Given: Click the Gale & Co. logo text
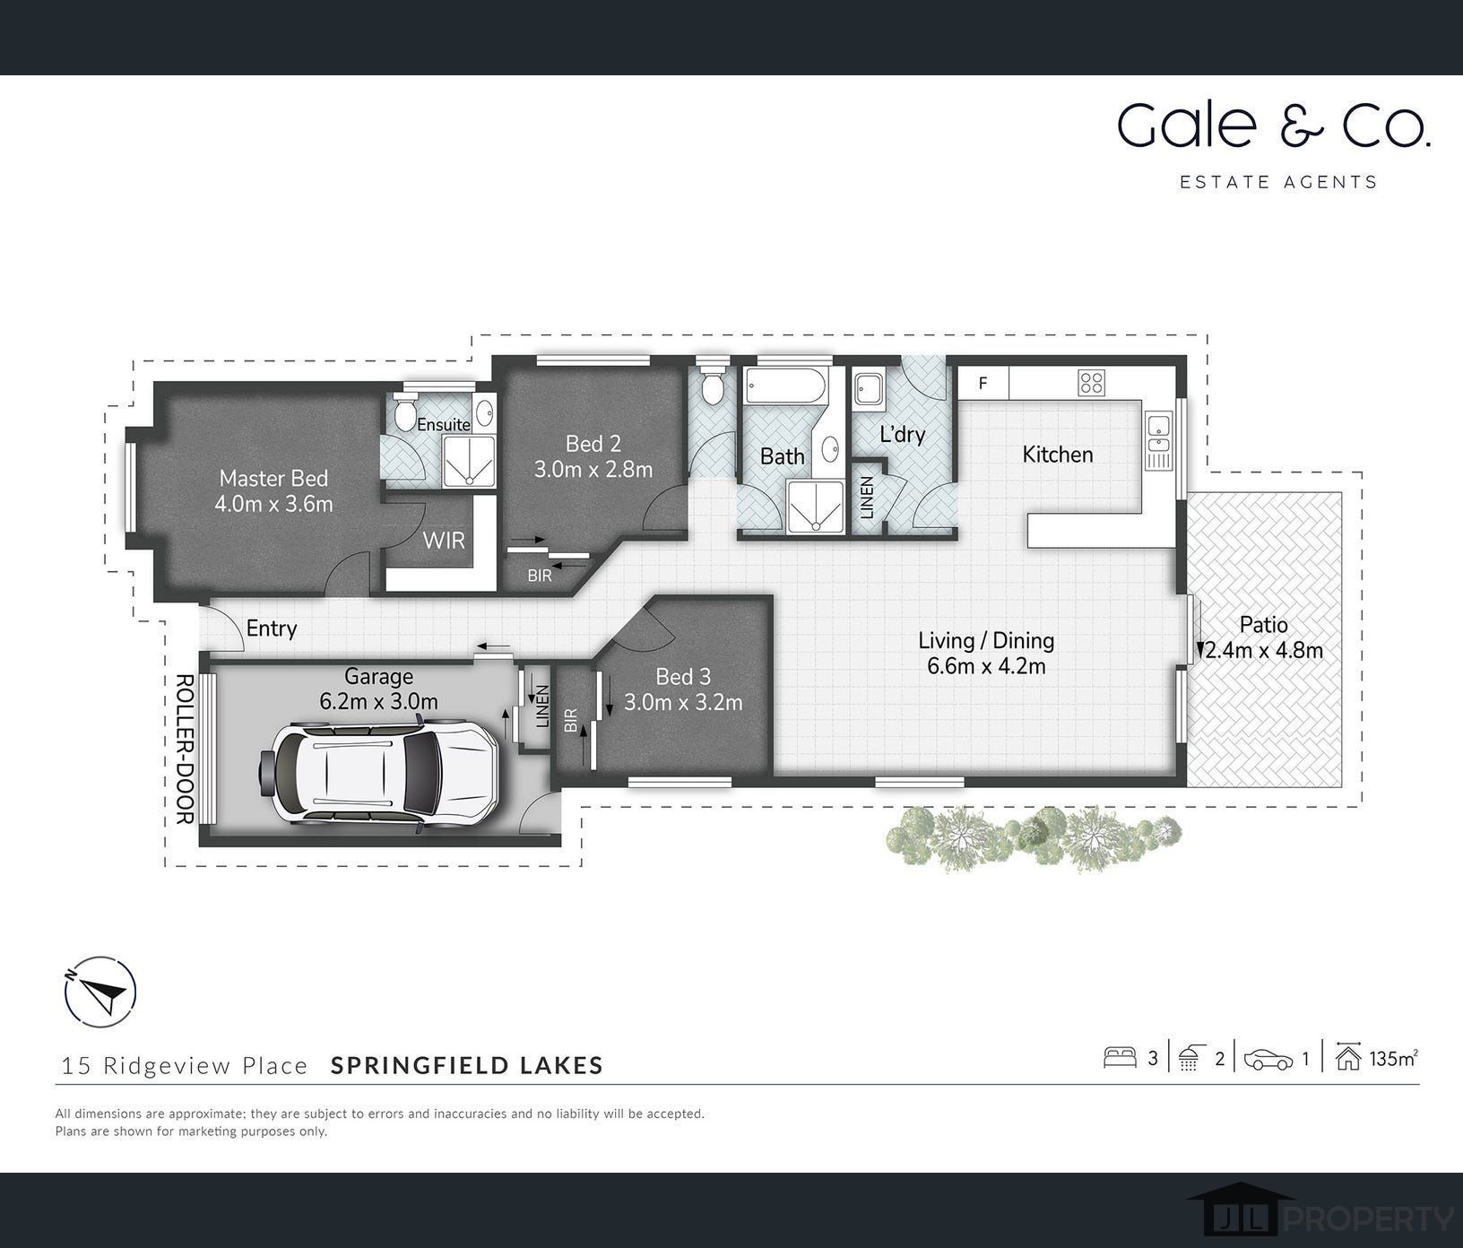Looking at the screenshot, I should click(x=1273, y=126).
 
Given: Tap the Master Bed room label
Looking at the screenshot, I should click(x=273, y=478).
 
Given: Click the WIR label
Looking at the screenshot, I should click(x=444, y=540).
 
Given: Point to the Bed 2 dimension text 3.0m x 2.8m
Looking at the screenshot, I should click(x=593, y=469).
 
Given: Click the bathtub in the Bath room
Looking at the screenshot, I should click(x=783, y=386).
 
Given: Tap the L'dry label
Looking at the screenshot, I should click(x=902, y=435).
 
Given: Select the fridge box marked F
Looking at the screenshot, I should click(x=983, y=383).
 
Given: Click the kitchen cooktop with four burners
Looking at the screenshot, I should click(x=1091, y=383).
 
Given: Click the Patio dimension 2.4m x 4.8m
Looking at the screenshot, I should click(x=1263, y=651).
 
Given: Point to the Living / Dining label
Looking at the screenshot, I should click(x=986, y=640).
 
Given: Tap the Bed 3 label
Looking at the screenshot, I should click(x=682, y=676).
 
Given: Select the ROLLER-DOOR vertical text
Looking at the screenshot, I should click(x=185, y=749).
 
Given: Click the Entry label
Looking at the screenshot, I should click(x=271, y=628).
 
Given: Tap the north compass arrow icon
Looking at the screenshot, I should click(x=100, y=993).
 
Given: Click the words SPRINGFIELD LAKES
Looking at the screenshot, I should click(x=467, y=1065).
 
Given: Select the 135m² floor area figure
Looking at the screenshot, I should click(x=1392, y=1059).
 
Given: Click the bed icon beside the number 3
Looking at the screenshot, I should click(x=1121, y=1058).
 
